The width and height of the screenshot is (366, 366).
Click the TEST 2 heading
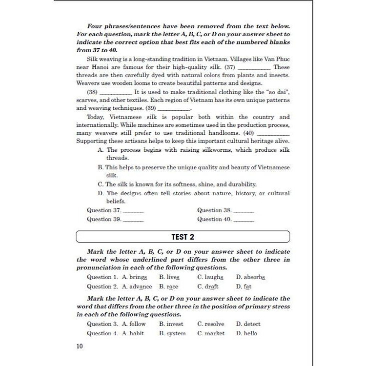183,237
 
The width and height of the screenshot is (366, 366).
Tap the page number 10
80,346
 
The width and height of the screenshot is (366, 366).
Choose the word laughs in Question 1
214,277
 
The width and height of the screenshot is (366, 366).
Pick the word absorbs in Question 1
254,277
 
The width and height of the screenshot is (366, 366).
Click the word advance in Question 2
141,286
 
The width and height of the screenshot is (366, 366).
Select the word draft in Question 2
211,286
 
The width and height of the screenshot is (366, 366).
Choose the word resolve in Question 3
215,324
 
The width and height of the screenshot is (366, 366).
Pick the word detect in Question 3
252,324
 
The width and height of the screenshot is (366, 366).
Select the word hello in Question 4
250,333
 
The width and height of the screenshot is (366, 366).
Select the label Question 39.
104,219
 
